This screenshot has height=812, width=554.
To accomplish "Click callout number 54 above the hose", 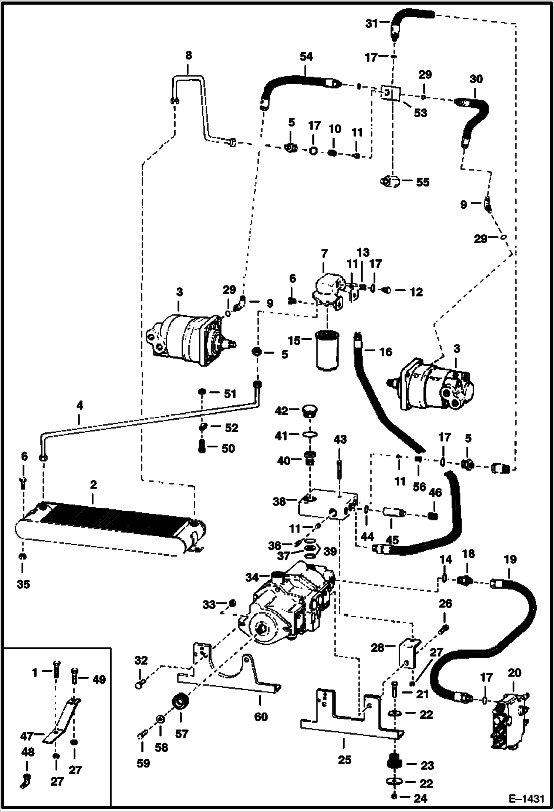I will tap(306, 57).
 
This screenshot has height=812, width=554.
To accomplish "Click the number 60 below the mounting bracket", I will tap(261, 717).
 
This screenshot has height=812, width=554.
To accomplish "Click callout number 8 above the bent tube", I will tap(188, 56).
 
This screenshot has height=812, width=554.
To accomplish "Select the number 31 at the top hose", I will tap(372, 24).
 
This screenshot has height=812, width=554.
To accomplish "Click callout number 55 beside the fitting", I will tap(423, 182).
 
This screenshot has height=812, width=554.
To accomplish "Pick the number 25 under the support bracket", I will tap(344, 760).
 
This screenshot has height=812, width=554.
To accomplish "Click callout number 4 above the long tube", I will tap(79, 406).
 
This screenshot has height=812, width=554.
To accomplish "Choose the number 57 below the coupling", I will tap(181, 734).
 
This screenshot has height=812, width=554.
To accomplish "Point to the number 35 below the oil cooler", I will tap(23, 584).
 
